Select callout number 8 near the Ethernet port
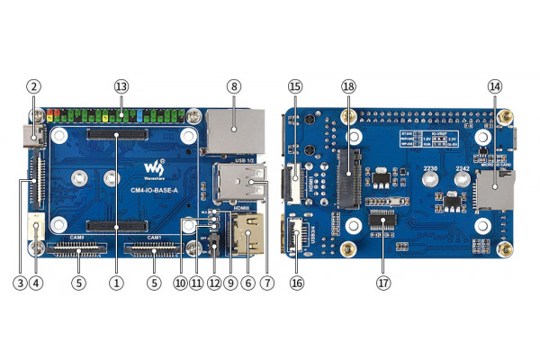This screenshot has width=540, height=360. click(234, 86)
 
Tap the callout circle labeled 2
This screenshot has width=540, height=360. click(33, 86)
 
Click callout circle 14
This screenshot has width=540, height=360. click(494, 86)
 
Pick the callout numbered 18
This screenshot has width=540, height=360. click(349, 86)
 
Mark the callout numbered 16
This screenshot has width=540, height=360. click(295, 282)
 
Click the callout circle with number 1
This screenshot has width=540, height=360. click(116, 282)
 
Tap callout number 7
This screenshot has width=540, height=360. click(265, 282)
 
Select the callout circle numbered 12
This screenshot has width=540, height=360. click(213, 282)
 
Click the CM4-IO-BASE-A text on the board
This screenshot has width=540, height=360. click(156, 189)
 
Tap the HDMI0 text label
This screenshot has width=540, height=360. click(241, 209)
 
